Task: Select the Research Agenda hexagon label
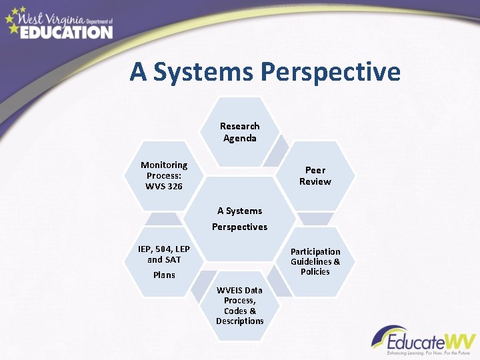[240, 131]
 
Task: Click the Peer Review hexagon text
[315, 175]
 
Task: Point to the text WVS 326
[164, 186]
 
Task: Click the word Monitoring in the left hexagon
[164, 165]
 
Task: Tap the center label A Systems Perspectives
[239, 219]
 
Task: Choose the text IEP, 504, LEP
[164, 249]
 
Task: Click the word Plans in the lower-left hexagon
[164, 275]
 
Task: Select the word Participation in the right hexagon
[315, 251]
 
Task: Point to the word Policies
[315, 271]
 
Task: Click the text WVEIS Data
[239, 290]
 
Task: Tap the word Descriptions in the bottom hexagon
[239, 321]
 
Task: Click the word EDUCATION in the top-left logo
[66, 31]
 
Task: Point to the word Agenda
[240, 138]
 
